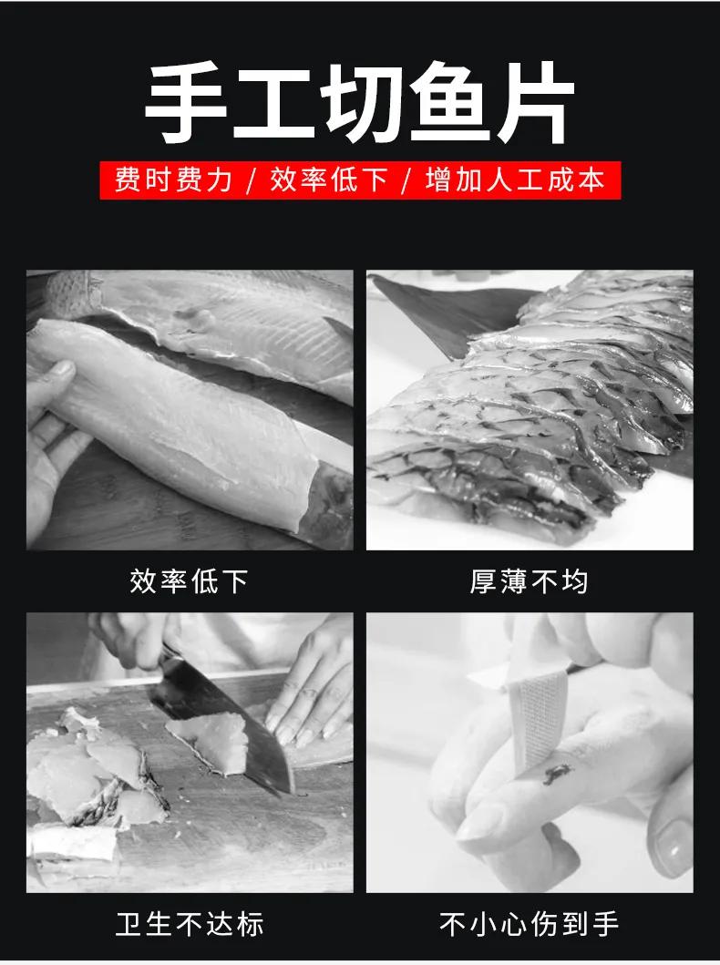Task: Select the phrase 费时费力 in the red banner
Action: click(173, 180)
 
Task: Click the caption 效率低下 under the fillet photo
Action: click(190, 581)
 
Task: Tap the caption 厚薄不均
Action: click(530, 581)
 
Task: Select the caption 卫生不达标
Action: click(190, 924)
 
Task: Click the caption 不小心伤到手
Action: click(530, 924)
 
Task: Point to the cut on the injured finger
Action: click(553, 776)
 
